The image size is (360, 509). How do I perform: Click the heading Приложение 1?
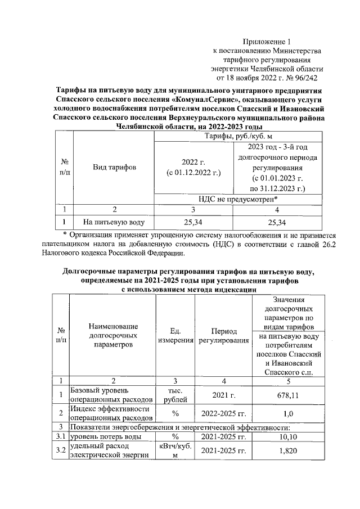268,41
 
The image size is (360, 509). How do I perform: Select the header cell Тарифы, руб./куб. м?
239,136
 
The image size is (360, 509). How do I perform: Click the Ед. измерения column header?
175,335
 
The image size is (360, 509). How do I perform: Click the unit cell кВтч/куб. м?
175,451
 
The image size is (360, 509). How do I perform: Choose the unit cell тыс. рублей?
175,395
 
